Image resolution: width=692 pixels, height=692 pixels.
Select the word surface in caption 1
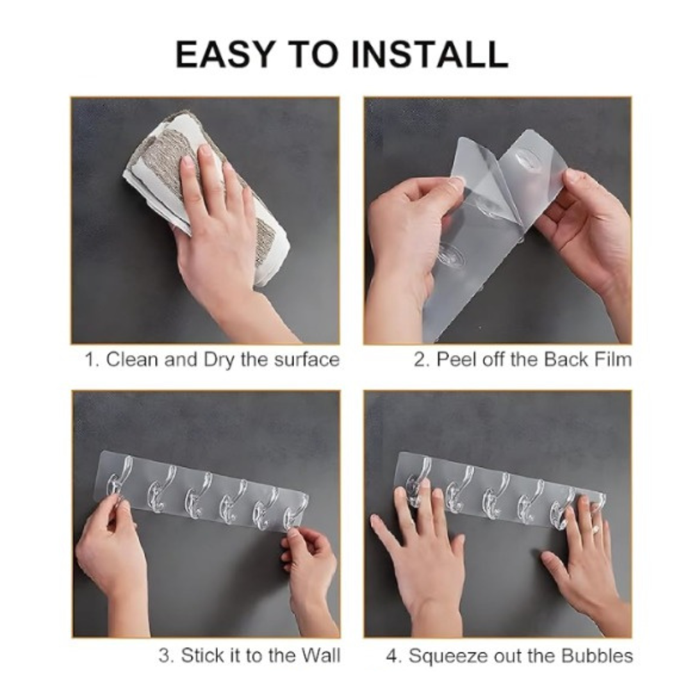click(x=307, y=359)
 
